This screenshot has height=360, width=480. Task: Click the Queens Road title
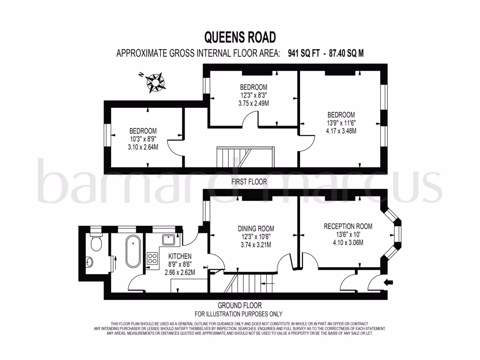(240, 37)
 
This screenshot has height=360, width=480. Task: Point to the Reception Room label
(348, 226)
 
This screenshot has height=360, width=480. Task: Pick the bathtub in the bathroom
(133, 252)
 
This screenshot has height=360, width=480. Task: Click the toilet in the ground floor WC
(96, 242)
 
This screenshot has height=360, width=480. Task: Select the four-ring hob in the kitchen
(153, 258)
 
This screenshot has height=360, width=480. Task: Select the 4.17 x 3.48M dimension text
(341, 131)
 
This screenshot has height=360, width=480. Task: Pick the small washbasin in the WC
(90, 262)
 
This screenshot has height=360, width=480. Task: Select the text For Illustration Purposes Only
(238, 314)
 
